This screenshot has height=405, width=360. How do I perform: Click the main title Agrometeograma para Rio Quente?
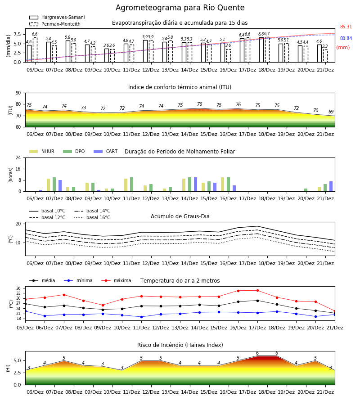coord(180,8)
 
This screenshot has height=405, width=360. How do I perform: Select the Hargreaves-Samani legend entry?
coord(57,17)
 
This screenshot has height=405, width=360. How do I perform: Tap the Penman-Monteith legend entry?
coord(55,24)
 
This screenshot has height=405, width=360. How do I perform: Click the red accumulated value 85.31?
coord(346,27)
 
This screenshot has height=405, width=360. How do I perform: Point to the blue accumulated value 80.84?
coord(346,38)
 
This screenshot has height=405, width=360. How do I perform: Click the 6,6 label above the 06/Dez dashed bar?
coord(35,34)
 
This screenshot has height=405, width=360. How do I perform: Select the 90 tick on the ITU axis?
coord(18,93)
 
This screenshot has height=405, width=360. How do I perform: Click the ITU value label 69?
coord(331,112)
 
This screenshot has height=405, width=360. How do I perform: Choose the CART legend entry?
coord(106,151)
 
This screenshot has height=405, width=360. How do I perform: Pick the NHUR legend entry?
coord(42,151)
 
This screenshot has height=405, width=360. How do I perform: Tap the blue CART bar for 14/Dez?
coord(195,184)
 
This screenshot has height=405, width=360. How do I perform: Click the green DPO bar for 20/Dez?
coord(306,190)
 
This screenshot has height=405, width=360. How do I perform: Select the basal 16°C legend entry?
coord(92,217)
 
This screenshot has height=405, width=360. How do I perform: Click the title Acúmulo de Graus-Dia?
coord(180,216)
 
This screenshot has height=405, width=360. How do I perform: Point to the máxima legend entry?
coord(116,280)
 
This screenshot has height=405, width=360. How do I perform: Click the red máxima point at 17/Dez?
coord(257,291)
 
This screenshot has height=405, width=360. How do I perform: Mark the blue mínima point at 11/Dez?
coord(141,317)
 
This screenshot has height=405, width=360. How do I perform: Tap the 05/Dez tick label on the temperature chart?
coord(25,328)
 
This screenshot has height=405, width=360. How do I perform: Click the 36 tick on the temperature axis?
coord(18,288)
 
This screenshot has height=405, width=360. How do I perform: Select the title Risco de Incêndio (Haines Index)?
coord(180,345)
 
